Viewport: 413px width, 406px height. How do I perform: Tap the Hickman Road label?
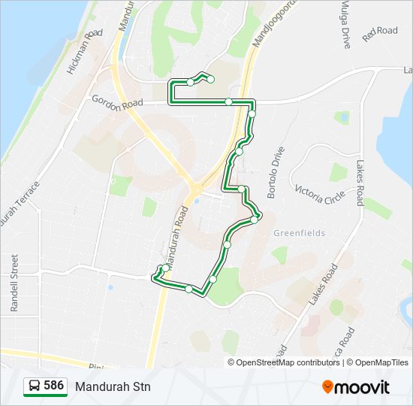[x=84, y=52]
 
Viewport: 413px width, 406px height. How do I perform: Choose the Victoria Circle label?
[x=320, y=194]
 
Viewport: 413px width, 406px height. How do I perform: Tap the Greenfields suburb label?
[x=300, y=233]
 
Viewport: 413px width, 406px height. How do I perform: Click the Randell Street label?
[x=14, y=283]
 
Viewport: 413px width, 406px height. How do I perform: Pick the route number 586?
[x=53, y=386]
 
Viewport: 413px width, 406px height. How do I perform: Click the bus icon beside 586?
[x=35, y=386]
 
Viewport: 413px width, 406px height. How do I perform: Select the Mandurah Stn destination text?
[x=113, y=386]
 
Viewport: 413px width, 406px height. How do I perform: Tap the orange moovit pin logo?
[x=328, y=386]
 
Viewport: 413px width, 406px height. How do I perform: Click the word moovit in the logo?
[x=362, y=386]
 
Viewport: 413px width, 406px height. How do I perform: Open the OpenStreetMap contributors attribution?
[x=288, y=362]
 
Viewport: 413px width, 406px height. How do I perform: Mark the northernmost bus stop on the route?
[x=211, y=79]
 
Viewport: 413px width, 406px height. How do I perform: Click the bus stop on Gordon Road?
[x=228, y=101]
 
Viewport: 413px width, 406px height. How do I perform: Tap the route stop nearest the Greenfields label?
[x=255, y=219]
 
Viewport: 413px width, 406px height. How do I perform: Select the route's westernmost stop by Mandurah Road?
[x=164, y=268]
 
